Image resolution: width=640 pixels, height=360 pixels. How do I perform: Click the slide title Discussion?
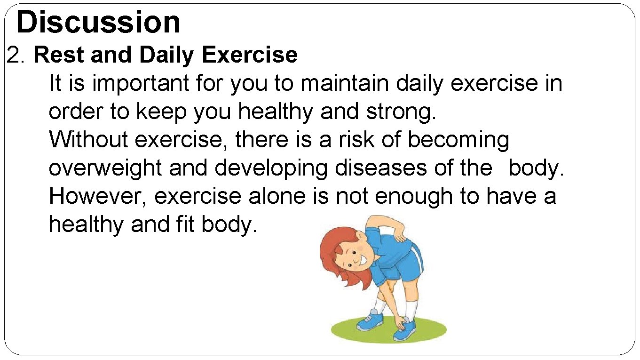98,22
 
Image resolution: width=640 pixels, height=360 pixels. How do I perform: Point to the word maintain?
346,84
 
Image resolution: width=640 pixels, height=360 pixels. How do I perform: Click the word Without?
89,140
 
